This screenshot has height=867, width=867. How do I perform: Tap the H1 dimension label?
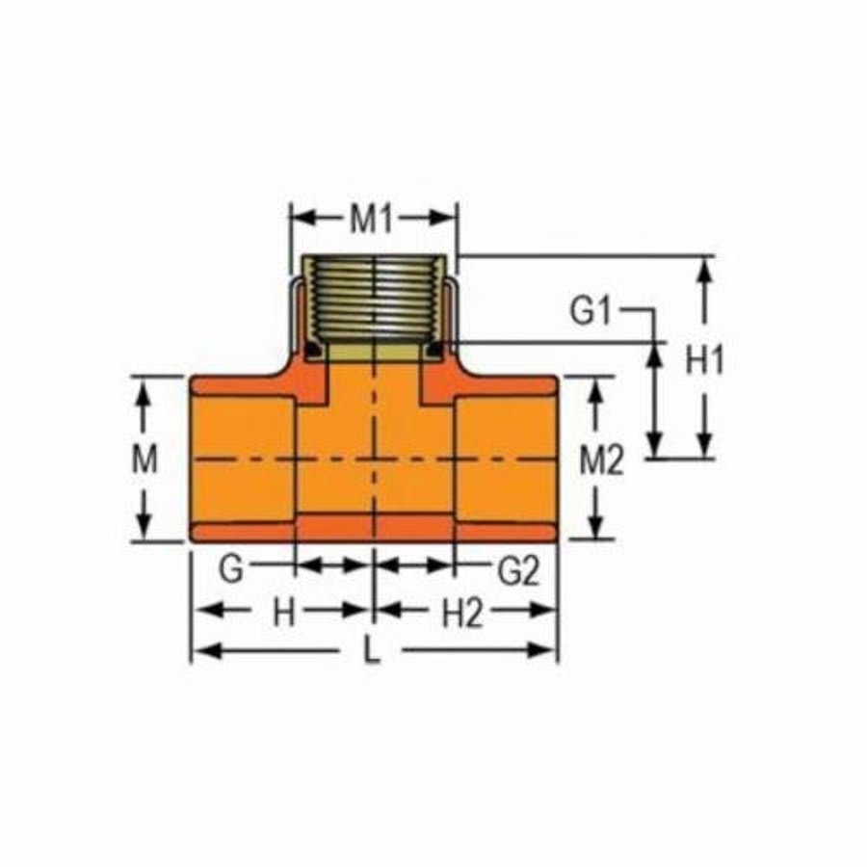(x=704, y=361)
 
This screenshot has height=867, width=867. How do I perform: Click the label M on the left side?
(x=144, y=460)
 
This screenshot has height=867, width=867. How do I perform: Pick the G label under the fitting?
(x=229, y=569)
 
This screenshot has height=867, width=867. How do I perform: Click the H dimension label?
(x=282, y=613)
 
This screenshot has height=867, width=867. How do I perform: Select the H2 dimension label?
(x=462, y=613)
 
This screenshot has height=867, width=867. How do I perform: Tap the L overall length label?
(x=372, y=652)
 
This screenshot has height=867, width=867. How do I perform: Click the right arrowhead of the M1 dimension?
(x=447, y=220)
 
